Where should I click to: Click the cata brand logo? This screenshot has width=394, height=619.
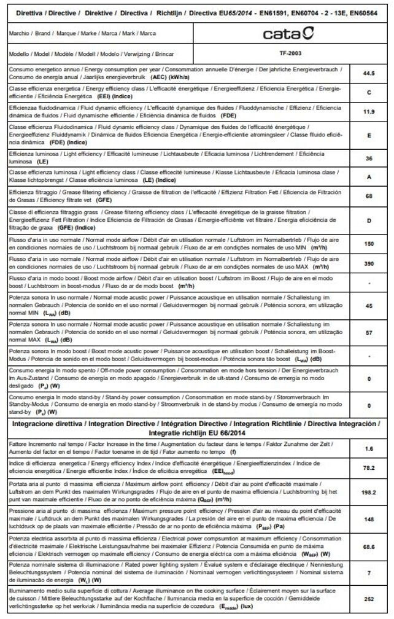point(288,33)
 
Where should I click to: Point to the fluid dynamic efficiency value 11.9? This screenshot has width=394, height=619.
point(369,112)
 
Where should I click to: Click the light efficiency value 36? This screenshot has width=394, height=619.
point(369,158)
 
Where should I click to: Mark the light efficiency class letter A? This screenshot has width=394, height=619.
point(369,177)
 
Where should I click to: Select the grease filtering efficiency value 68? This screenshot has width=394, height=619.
point(369,197)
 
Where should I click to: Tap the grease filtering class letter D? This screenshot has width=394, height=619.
point(369,219)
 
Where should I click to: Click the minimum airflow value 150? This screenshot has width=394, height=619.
point(369,244)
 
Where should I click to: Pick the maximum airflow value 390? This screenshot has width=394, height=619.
point(369,263)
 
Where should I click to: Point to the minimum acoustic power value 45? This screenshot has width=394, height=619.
point(369,305)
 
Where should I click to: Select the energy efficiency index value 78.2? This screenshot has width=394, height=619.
point(369,467)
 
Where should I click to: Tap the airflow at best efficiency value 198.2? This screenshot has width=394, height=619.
point(369,492)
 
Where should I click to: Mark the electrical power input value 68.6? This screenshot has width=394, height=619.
point(369,545)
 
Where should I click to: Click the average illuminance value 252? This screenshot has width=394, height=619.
point(369,599)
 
